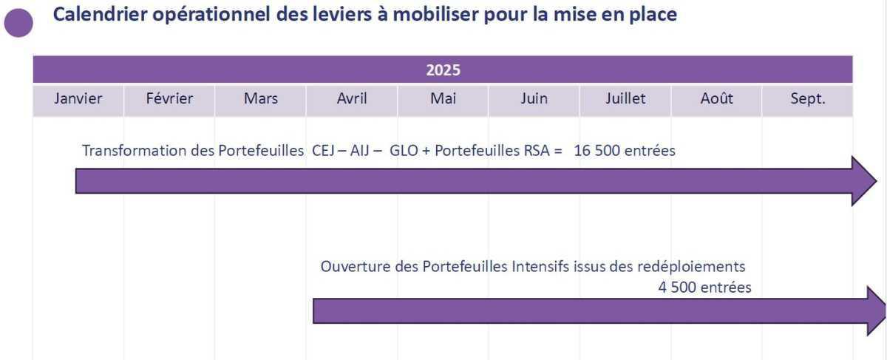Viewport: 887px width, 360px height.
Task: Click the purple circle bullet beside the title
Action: click(x=18, y=23)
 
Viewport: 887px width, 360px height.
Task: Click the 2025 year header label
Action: click(x=443, y=70)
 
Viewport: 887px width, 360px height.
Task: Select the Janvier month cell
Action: click(x=78, y=99)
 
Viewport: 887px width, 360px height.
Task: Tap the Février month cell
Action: click(x=169, y=99)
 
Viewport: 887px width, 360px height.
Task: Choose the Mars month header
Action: click(x=260, y=99)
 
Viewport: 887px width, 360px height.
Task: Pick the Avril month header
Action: click(x=352, y=99)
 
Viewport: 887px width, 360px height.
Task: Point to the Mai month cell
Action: click(x=443, y=99)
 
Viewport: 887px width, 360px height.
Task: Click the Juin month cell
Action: click(x=534, y=99)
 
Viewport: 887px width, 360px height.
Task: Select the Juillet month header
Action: click(x=625, y=99)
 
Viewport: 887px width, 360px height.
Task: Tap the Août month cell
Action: click(x=716, y=99)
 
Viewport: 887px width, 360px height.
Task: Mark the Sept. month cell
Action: click(x=807, y=99)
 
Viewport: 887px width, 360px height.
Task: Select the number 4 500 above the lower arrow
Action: click(x=677, y=288)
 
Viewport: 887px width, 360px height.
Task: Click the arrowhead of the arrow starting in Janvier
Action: click(x=863, y=181)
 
